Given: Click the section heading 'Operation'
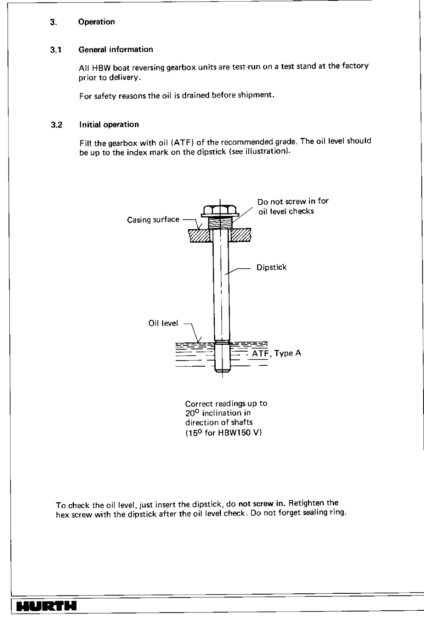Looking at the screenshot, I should [x=97, y=22].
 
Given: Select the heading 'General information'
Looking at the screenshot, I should [x=116, y=50].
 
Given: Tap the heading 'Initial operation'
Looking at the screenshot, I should [x=109, y=124].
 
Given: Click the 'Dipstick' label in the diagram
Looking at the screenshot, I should [x=271, y=267].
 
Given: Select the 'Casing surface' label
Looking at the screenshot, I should [x=153, y=220].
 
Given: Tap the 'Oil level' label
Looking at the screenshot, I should [x=163, y=324].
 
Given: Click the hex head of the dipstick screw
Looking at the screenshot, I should [x=220, y=210].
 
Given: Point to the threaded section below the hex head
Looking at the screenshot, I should [x=220, y=223].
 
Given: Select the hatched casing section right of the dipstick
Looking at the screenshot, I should [x=241, y=235].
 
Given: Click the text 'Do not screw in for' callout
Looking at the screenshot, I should [x=293, y=201].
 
